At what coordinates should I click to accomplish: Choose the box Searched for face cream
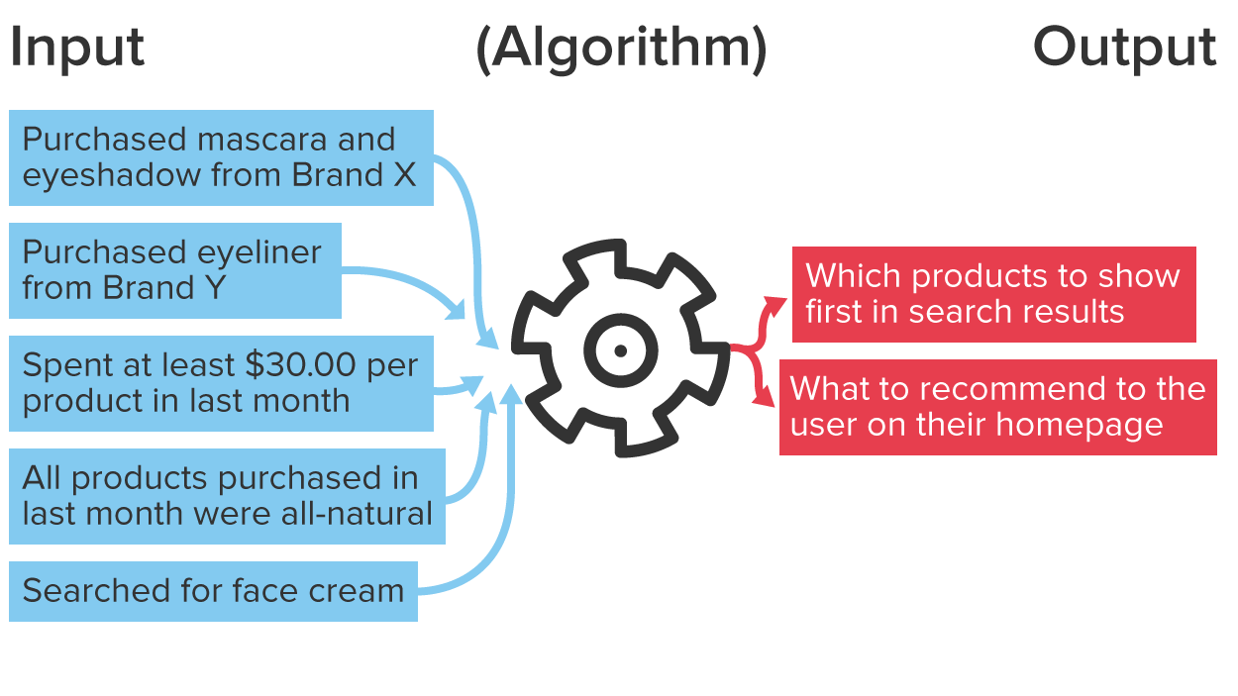tap(213, 591)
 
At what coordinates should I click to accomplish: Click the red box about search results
tap(993, 294)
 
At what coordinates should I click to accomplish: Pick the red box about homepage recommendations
tap(997, 407)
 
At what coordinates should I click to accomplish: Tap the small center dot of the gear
tap(620, 350)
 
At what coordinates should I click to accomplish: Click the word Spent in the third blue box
tap(61, 365)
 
